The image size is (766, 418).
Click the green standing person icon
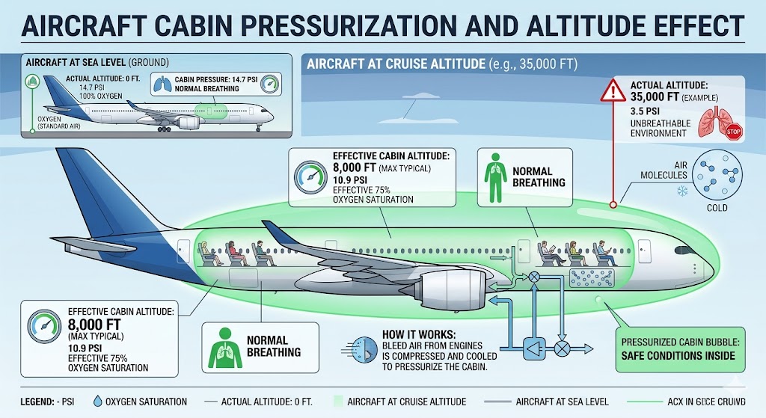click(494, 177)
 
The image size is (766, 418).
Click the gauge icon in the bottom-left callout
click(43, 328)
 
